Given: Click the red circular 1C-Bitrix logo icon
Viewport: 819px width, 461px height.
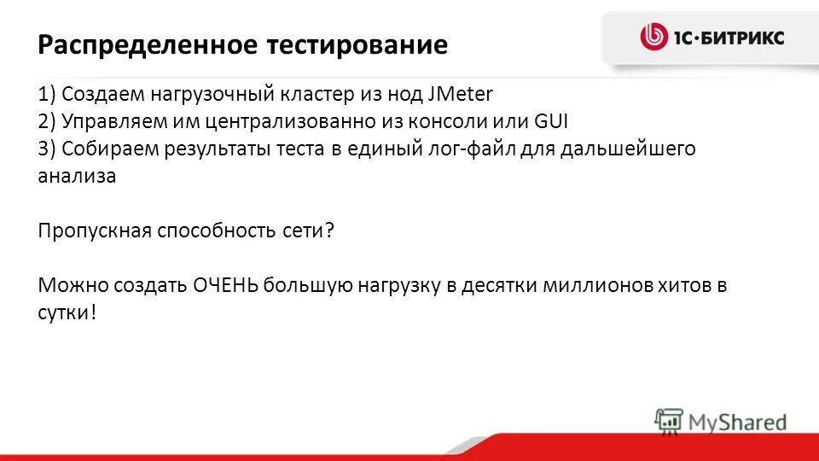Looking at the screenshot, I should (x=653, y=37).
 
